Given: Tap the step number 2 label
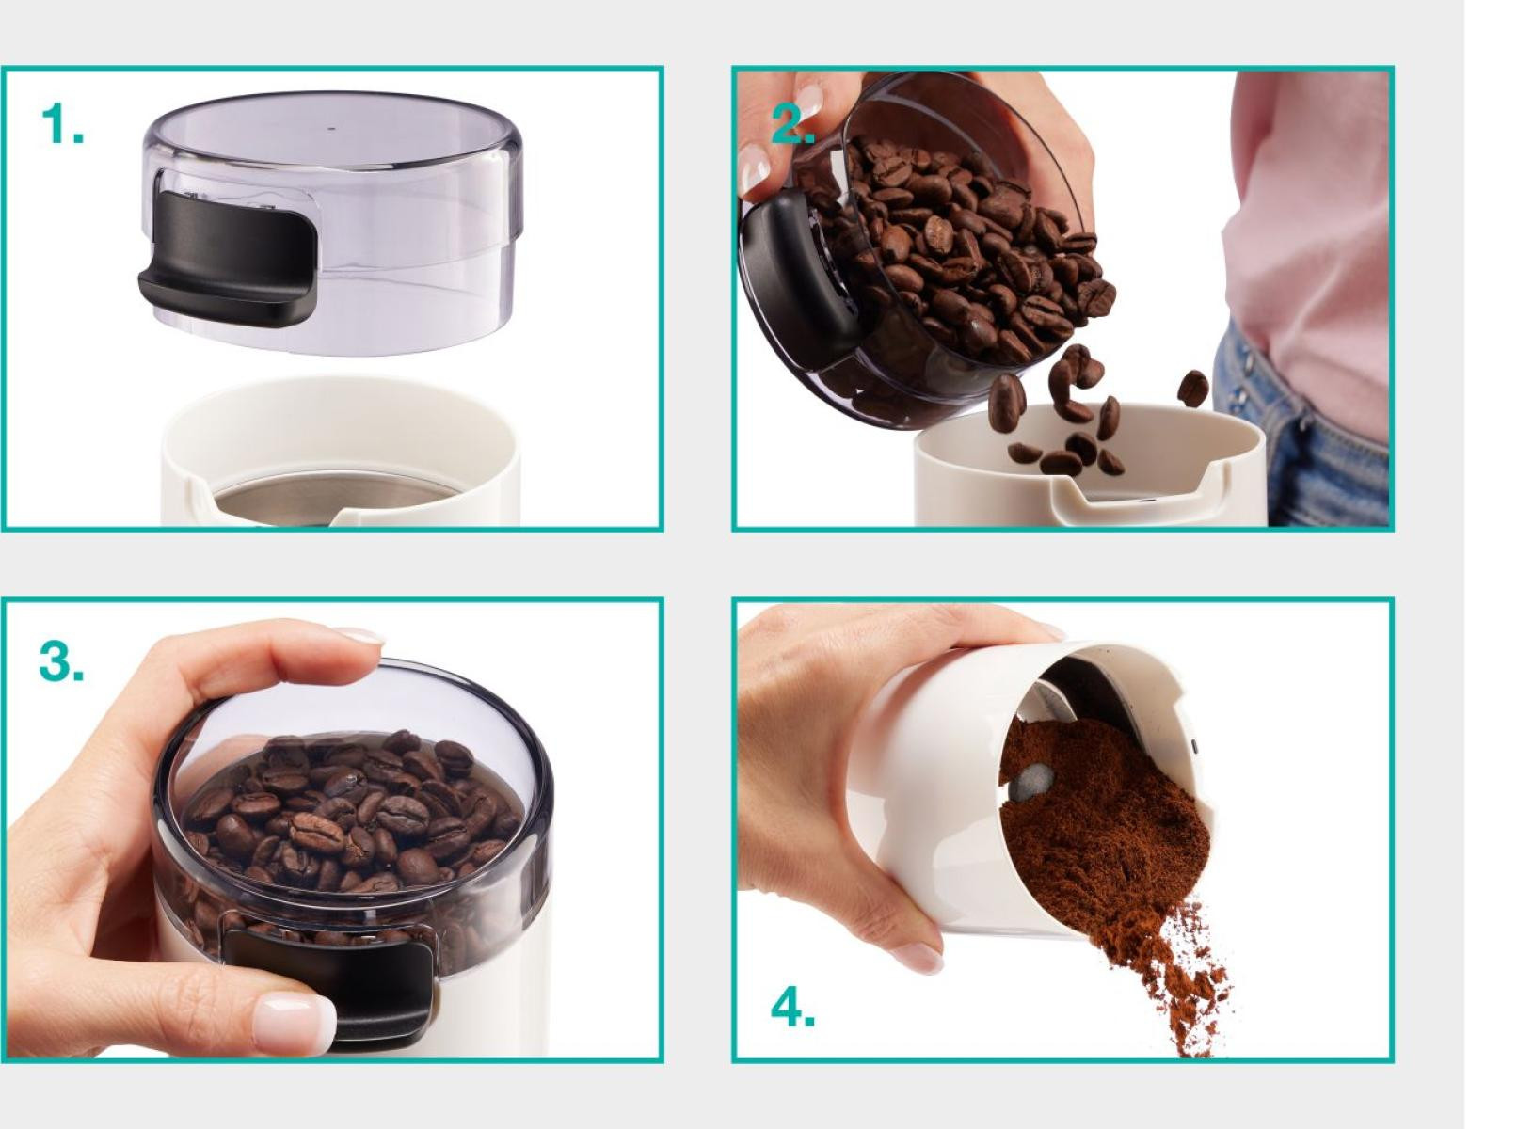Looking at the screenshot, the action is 793,124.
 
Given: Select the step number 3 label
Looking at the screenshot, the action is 61,661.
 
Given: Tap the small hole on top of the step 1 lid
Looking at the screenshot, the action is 332,128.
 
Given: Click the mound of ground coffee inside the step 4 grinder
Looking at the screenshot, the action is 1102,821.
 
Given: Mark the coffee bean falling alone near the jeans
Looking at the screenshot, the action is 1192,388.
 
